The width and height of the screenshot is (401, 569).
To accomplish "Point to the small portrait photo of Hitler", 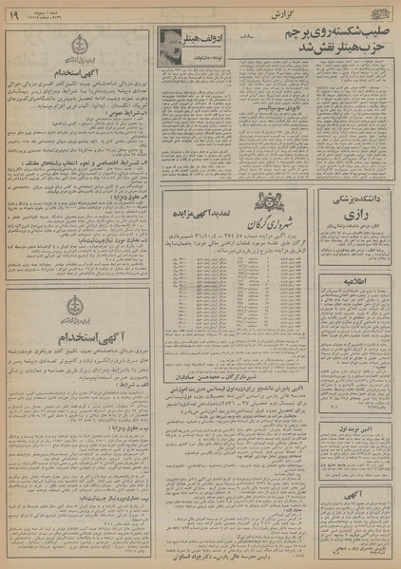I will coord(172,42).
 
